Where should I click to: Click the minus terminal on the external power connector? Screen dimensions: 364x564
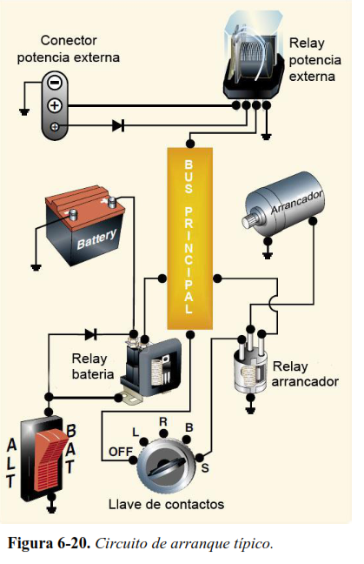coord(55,84)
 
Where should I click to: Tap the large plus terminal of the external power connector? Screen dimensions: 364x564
coord(55,106)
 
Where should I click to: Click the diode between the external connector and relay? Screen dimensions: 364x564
coord(118,126)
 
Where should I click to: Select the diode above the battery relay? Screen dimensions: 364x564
coord(91,334)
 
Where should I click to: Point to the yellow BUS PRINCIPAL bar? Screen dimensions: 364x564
coord(190,238)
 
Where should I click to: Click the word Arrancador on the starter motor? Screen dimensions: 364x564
coord(296,203)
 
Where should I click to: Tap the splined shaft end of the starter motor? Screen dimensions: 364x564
coord(249,220)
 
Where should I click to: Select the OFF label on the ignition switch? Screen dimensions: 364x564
coord(120,452)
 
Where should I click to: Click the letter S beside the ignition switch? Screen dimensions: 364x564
coord(205,468)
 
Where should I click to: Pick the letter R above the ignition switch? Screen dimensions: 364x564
coord(163,421)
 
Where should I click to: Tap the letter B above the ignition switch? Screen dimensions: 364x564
coord(189,427)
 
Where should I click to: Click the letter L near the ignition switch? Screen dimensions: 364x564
coord(136,432)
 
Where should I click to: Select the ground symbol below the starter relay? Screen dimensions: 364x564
coord(250,410)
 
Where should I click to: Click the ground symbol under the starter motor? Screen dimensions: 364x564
coord(267,255)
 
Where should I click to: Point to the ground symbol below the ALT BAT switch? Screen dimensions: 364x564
coord(52,509)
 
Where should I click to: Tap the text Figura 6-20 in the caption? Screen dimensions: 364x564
coord(49,543)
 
